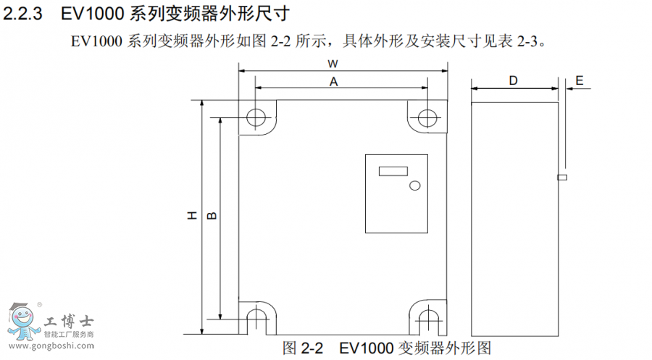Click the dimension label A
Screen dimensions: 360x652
334,82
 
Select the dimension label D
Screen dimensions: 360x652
513,80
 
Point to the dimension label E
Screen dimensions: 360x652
579,80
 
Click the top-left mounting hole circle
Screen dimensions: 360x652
255,117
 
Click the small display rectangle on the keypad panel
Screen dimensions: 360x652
392,171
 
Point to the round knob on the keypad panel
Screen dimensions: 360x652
414,185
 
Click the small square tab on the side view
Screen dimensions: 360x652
561,177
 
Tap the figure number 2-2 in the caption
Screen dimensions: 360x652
312,347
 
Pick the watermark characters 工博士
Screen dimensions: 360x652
69,321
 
